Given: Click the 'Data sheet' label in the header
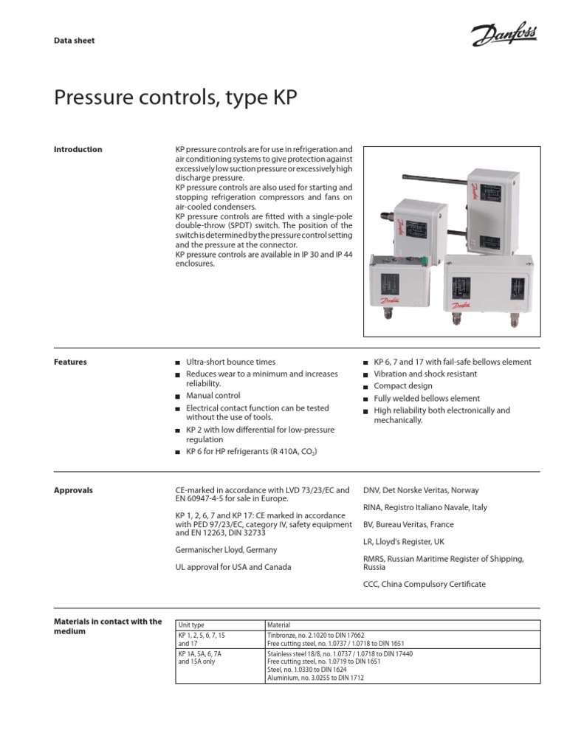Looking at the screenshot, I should click(x=75, y=41).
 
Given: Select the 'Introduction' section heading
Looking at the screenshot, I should click(x=78, y=149).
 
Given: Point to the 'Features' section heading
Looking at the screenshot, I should click(x=70, y=362).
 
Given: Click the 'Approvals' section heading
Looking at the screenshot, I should click(x=73, y=490).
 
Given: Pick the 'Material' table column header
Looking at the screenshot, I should click(x=280, y=625).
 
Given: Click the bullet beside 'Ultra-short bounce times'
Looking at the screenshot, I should click(x=177, y=363).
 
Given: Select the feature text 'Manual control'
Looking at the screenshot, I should click(x=213, y=396).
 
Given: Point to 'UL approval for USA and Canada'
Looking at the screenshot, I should click(x=233, y=567).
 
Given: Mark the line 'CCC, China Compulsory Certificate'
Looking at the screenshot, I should click(x=425, y=584).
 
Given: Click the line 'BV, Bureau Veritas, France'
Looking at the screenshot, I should click(x=409, y=524).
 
